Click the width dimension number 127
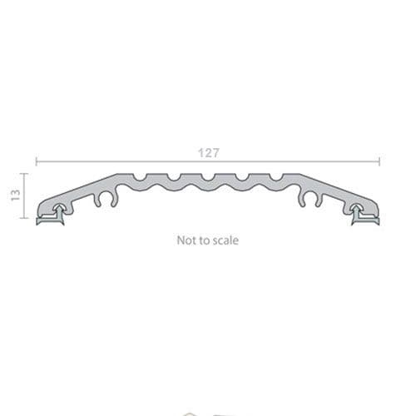(x=208, y=153)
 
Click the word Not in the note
(x=185, y=240)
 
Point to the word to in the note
(x=203, y=240)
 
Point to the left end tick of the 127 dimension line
(x=36, y=161)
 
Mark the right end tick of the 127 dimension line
(x=379, y=161)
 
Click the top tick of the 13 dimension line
(x=24, y=174)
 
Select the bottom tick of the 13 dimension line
(x=24, y=218)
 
